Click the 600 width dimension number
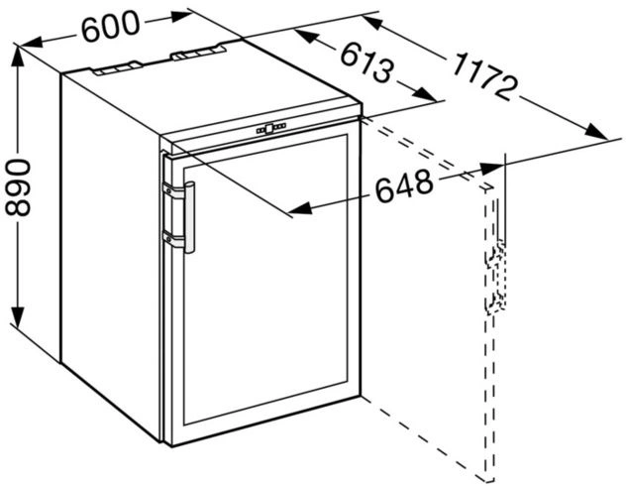tap(111, 26)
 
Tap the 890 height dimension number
tap(18, 187)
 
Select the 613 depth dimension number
tap(366, 63)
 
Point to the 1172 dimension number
tap(485, 76)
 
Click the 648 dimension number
tap(404, 185)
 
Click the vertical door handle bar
tap(189, 217)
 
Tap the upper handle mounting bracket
tap(173, 190)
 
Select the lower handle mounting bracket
tap(173, 239)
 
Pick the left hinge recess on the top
tap(117, 68)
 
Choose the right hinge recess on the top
tap(198, 53)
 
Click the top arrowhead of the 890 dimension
tap(18, 57)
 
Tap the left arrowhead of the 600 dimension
tap(31, 42)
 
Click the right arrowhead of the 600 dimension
tap(180, 16)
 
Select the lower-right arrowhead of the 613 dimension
tap(426, 94)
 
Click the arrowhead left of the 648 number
tap(299, 208)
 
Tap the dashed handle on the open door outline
tap(495, 277)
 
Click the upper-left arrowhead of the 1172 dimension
tap(374, 22)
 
